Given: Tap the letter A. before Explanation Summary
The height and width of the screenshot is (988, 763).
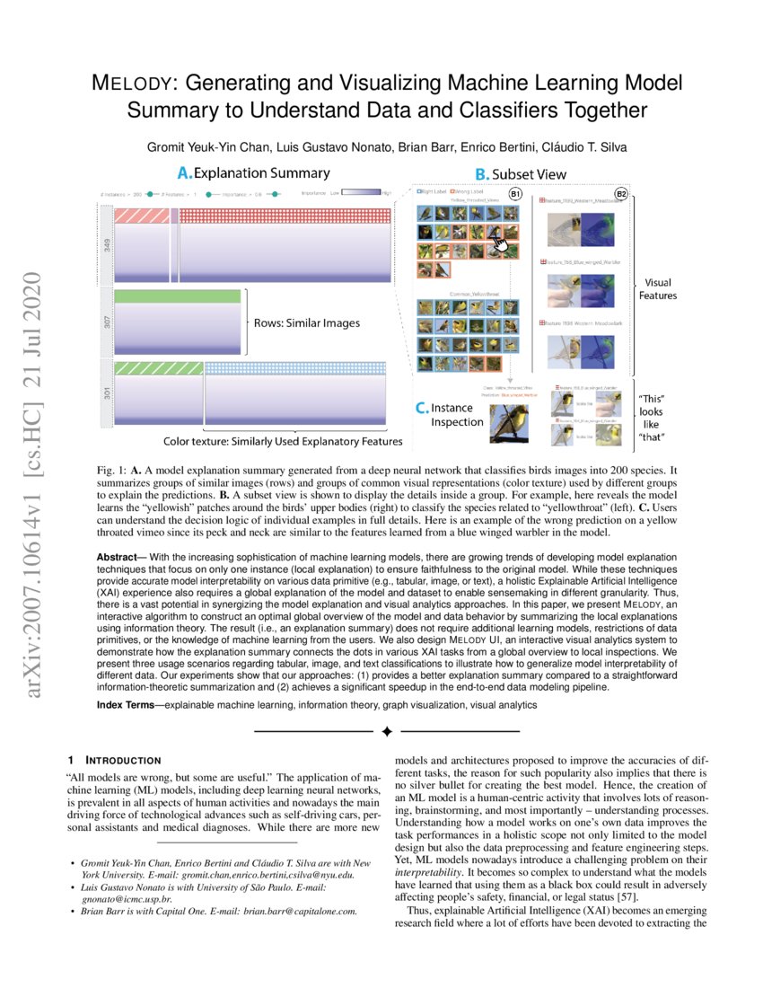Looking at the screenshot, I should click(x=184, y=172).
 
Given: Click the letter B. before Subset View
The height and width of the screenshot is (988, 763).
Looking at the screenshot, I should click(x=481, y=173).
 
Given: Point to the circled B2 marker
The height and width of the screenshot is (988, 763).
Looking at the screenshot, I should click(x=620, y=194).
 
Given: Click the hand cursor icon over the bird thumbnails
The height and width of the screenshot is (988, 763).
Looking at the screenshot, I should click(x=499, y=239).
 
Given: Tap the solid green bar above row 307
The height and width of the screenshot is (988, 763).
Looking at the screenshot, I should click(x=178, y=296).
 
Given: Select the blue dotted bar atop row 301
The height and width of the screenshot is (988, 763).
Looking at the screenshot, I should click(x=295, y=367).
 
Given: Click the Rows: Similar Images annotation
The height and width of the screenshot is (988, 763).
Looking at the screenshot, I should click(x=304, y=323).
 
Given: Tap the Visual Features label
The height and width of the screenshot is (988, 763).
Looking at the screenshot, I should click(x=657, y=288).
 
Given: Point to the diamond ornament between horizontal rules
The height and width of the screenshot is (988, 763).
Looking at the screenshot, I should click(x=386, y=731).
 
